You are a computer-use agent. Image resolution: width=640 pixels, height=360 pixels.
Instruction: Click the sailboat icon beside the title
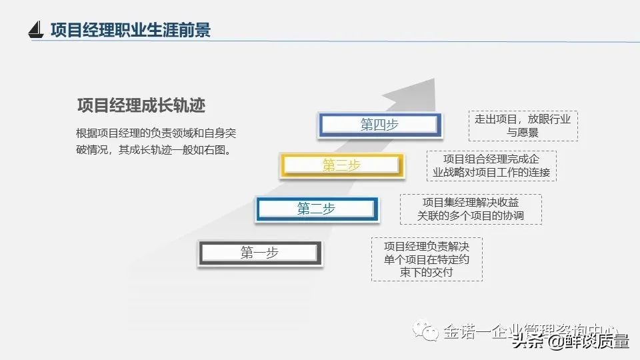point(36,29)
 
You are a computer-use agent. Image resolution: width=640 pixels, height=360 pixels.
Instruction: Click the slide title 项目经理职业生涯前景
point(131,30)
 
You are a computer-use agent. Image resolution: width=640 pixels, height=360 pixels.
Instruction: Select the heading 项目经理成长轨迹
point(141,106)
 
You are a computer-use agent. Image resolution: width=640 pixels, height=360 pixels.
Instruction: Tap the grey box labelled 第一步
point(259,253)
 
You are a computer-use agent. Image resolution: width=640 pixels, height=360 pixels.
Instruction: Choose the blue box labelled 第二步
point(316,209)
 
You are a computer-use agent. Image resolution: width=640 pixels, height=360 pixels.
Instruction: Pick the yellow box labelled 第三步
point(342,166)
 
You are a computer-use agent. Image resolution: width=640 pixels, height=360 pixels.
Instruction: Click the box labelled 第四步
point(380,125)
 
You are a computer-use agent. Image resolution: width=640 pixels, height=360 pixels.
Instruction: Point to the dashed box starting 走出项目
point(523,126)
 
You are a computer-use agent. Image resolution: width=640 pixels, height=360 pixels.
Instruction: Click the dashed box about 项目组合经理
point(491,166)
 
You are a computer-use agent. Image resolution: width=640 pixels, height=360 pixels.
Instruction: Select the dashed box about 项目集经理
point(471,209)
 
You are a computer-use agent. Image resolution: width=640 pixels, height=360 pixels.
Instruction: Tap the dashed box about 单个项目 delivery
point(427,259)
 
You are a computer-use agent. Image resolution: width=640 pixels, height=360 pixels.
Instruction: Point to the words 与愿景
point(523,133)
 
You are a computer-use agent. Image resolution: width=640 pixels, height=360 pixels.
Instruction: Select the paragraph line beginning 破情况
point(156,150)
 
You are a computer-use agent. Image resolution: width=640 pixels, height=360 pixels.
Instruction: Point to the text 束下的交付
point(427,272)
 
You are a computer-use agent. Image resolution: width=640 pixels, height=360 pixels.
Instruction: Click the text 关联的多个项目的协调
point(471,216)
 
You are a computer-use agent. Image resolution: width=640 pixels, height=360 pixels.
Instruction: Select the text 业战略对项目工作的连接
point(491,173)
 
